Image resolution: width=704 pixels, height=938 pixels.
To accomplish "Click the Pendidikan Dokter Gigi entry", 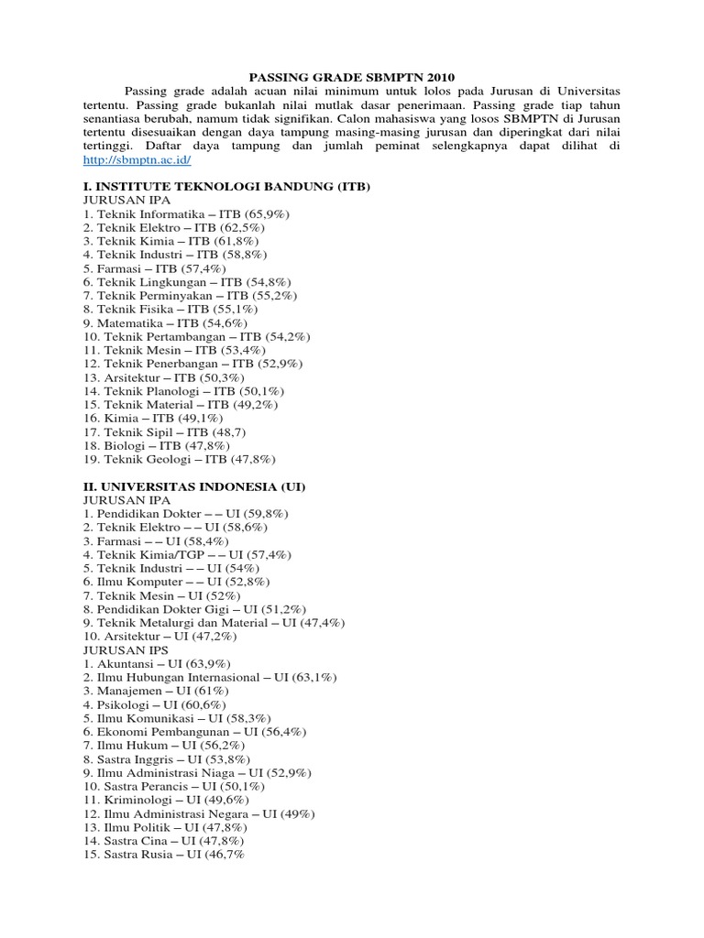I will (194, 609).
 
